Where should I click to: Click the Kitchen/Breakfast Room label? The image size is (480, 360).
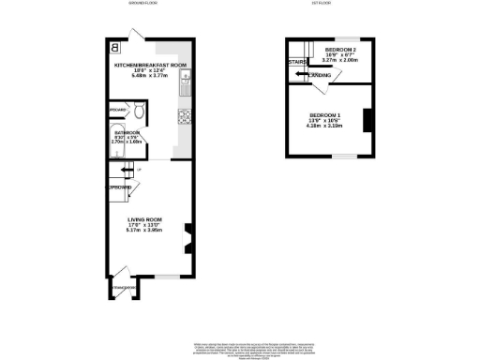[x=144, y=66]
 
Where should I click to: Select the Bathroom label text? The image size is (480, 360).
[x=127, y=133]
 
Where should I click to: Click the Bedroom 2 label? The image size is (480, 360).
[x=340, y=49]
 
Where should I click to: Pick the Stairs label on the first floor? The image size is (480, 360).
[x=297, y=64]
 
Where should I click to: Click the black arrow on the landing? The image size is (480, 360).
[x=302, y=74]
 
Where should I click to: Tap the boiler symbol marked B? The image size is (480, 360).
[x=115, y=47]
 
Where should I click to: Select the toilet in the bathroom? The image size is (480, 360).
[x=138, y=113]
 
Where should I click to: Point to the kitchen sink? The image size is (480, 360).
[x=186, y=78]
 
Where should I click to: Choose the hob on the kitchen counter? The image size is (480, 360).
[x=184, y=117]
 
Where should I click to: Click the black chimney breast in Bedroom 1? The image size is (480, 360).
[x=367, y=121]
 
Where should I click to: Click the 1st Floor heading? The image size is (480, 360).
[x=323, y=5]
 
